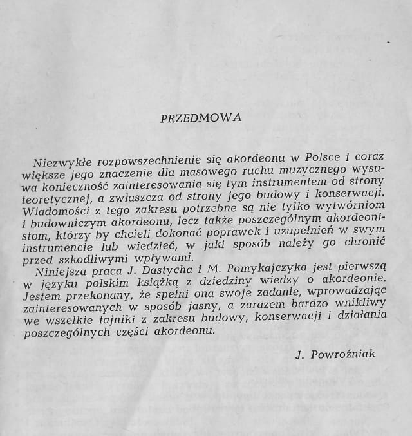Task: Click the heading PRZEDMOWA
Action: click(x=200, y=118)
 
